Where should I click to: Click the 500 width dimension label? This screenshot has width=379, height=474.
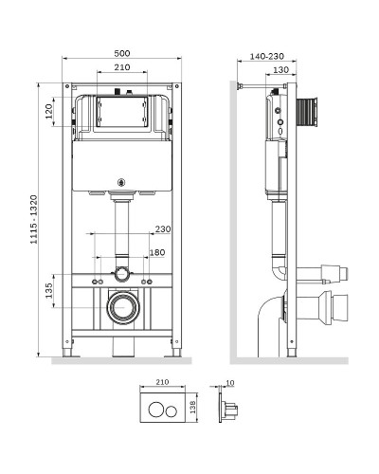pos(122,53)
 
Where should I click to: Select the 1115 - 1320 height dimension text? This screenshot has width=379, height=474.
pos(34,219)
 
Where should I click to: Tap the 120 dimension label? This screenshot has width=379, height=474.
pos(49,111)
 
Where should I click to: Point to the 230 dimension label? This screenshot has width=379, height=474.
pos(163,228)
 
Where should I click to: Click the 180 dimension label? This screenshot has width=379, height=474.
pos(157,252)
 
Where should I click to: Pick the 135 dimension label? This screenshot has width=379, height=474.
pos(49,290)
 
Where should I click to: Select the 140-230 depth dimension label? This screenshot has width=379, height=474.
pos(267,56)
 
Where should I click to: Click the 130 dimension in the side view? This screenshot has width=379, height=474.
pos(280,70)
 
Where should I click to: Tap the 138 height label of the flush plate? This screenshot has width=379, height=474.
pos(193,407)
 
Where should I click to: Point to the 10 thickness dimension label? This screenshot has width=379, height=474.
pos(230,383)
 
